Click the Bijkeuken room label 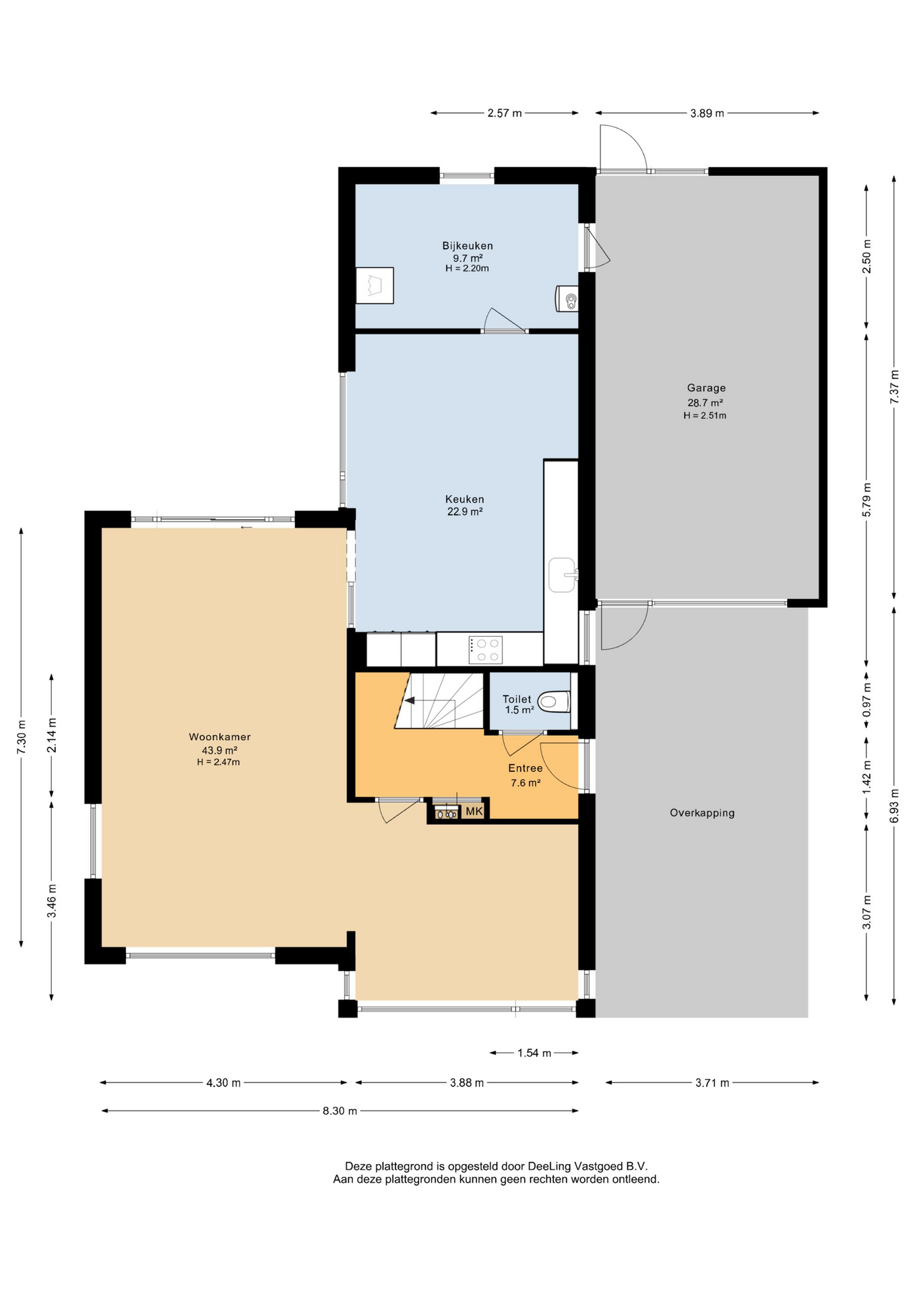467,246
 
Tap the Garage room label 706,388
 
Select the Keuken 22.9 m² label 464,505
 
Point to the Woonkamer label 220,737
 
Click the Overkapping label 702,813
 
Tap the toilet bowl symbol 554,702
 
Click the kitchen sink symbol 563,574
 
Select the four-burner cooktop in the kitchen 486,650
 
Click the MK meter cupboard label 474,811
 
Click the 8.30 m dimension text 340,1111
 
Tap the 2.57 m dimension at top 505,113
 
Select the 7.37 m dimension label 894,387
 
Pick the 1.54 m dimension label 534,1053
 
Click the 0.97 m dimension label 866,700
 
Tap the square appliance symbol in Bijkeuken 375,286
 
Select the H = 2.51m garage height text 705,416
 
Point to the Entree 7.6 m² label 526,775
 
